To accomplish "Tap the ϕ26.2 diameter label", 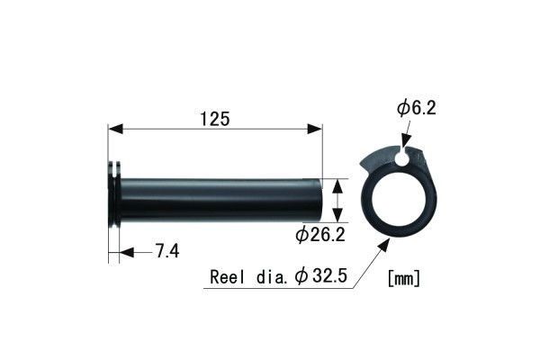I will [x=321, y=236].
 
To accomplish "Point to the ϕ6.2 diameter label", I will [x=416, y=109].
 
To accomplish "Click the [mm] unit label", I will [x=402, y=278].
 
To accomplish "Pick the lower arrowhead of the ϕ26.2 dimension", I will [x=337, y=218].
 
